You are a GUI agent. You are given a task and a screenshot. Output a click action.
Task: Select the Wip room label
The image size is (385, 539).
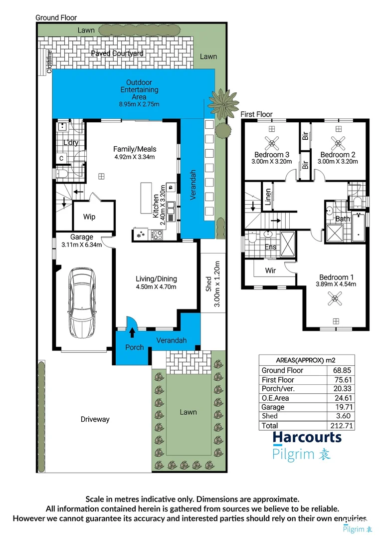(89, 217)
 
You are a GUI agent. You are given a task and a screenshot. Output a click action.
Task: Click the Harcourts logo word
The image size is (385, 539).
(307, 438)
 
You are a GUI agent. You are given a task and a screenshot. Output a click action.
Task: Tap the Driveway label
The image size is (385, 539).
(95, 419)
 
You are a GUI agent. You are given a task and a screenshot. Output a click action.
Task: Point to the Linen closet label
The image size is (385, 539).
(268, 197)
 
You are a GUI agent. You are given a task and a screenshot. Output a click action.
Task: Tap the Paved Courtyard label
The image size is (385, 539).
(117, 53)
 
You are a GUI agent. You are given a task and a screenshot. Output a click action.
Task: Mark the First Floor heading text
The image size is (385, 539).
(257, 114)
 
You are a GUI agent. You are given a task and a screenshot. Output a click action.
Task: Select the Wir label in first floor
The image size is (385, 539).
(270, 270)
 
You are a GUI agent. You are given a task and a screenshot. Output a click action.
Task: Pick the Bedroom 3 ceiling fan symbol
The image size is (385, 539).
(272, 144)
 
